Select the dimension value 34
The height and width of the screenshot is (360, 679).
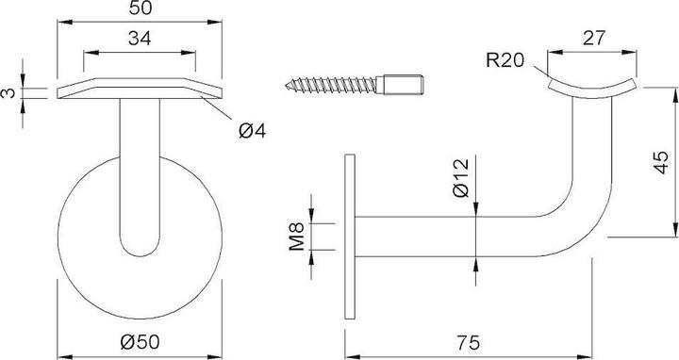(x=141, y=40)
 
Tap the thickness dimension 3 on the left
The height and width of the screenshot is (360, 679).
(x=8, y=92)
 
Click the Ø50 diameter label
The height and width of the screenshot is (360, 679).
(x=141, y=345)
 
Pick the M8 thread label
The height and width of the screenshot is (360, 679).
(x=295, y=236)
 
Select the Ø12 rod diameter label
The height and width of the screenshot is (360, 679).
(x=460, y=177)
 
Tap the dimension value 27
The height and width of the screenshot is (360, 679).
(x=594, y=40)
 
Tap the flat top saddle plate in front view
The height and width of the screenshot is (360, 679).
(x=141, y=91)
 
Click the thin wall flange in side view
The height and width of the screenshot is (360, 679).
(x=349, y=236)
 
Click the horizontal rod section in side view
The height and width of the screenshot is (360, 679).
(x=443, y=236)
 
